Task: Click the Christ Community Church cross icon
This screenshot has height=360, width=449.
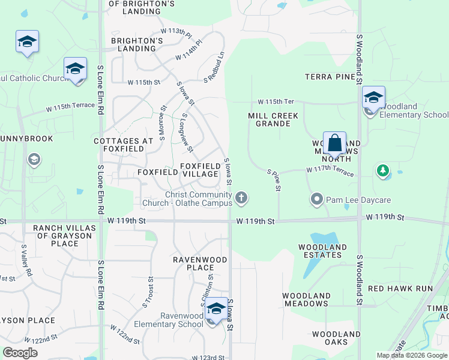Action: pyautogui.click(x=241, y=197)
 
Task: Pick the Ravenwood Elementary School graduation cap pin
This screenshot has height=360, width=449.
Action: pyautogui.click(x=216, y=309)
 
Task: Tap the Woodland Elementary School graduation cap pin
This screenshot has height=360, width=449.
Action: pyautogui.click(x=373, y=97)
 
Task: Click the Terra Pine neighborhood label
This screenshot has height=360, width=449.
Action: pyautogui.click(x=330, y=77)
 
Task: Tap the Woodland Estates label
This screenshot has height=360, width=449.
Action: pyautogui.click(x=322, y=251)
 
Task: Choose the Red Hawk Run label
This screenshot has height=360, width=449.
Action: pyautogui.click(x=400, y=289)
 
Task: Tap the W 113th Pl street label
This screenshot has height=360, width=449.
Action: pyautogui.click(x=175, y=30)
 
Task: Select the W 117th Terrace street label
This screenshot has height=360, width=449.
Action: pyautogui.click(x=330, y=171)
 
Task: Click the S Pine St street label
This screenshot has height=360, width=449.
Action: pyautogui.click(x=274, y=180)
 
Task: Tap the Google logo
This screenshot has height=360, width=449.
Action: pyautogui.click(x=20, y=353)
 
